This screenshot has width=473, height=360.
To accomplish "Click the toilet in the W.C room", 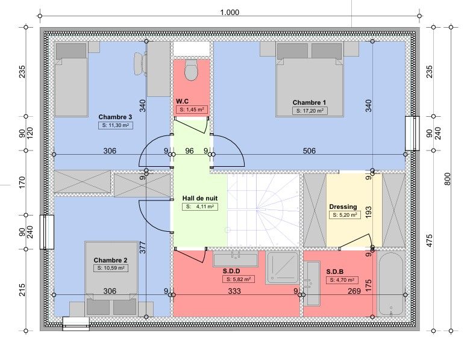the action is (191, 70).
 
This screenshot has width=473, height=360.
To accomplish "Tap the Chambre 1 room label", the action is (309, 102).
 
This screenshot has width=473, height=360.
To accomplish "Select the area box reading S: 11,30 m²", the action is (116, 125).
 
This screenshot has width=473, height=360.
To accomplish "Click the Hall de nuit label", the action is (199, 199).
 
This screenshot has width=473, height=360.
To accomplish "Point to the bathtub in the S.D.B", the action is (390, 284).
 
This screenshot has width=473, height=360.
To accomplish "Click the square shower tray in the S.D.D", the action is (283, 268).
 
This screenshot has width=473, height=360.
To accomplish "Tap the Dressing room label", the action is (343, 207).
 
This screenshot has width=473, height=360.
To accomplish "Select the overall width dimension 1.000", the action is (230, 13).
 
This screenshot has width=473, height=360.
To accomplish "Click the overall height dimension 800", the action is (447, 179).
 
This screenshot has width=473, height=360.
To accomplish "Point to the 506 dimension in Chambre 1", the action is (309, 151).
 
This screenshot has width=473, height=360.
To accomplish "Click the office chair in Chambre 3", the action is (140, 63).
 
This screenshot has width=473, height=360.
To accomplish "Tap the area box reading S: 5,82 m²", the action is (239, 279).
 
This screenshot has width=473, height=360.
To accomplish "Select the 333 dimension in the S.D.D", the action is (234, 291).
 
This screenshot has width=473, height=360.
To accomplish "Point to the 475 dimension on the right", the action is (430, 240).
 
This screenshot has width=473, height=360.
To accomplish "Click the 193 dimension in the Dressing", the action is (368, 213).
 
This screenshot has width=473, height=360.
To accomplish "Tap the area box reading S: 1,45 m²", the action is (192, 110).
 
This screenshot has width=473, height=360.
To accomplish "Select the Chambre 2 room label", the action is (110, 260).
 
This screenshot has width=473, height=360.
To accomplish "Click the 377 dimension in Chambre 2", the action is (143, 247).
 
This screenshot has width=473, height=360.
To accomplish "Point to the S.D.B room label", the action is (335, 272).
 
